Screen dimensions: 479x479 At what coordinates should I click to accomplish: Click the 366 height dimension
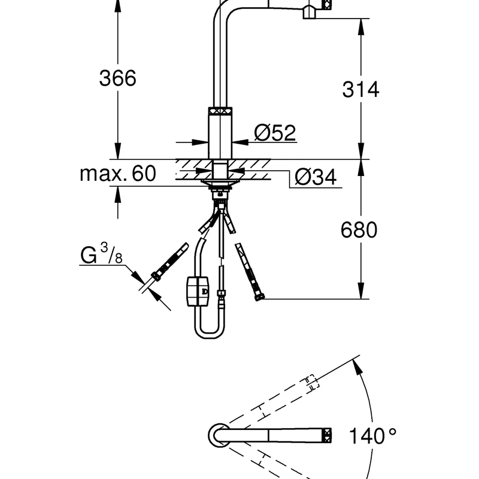pos(117,78)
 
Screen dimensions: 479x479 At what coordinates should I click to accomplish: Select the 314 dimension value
pos(360,89)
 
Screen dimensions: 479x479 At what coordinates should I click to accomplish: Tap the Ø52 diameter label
pos(275,132)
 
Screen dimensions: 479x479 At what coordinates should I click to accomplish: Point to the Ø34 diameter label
pos(316,177)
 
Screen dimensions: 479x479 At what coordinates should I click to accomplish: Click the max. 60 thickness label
pos(118,173)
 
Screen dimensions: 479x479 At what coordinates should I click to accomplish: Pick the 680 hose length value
pos(359,230)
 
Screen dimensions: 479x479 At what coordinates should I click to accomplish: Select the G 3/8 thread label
pos(101,254)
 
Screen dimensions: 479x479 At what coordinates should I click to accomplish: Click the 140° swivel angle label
pos(372,436)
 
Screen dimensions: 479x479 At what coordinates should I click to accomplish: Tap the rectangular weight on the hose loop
pos(198,291)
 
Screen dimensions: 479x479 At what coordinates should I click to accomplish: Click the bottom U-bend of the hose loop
pos(209,332)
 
